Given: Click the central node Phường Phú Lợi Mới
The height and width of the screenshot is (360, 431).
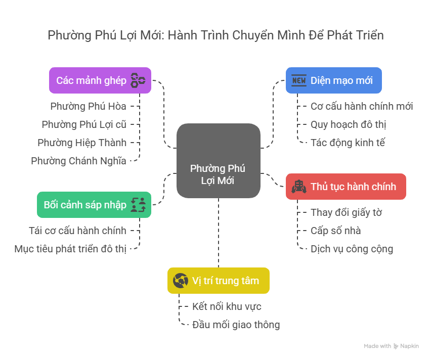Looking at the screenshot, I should coord(218,160).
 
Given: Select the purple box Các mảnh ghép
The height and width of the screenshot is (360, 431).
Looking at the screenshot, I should coord(100,80).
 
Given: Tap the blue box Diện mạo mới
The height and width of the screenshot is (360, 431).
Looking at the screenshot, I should coord(333,80).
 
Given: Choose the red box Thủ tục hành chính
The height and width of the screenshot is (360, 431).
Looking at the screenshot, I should coord(346,187).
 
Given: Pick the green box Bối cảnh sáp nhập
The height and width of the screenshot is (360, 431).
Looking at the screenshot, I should coord(94,205).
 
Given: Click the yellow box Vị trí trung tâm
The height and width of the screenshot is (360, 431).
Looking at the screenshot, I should coord(218,281).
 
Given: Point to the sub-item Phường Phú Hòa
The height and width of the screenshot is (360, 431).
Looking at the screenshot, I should coord(88,106).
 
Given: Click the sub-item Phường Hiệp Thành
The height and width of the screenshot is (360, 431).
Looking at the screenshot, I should coord(82,143).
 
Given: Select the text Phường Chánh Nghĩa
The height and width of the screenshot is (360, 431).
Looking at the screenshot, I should coord(78,161).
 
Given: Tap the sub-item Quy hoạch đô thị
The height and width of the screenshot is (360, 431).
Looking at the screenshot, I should coord(349,124).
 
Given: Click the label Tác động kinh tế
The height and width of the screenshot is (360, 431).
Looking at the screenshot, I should coord(348,143).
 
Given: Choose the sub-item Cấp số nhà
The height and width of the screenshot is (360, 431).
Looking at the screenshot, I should coord(335,231).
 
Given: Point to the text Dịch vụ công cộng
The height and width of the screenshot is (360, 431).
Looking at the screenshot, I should coord(352,249).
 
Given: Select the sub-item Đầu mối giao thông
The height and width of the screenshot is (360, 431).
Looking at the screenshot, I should coord(236,325).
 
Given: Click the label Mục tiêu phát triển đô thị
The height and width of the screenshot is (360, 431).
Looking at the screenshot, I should coord(70,249).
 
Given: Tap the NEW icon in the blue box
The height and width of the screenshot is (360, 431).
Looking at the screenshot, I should coord(299,80).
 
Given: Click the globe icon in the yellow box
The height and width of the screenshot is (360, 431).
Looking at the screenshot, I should coord(181,281).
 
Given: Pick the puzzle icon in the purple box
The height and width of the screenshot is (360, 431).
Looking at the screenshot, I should coord(138,80).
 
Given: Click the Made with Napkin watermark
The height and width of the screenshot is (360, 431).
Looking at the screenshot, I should coord(392,346).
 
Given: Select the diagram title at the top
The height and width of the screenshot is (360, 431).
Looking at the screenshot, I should coord(215,35).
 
